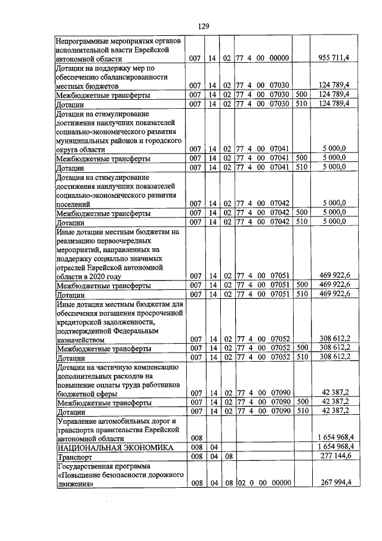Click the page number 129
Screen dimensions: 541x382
203,26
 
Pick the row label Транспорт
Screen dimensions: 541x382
73,456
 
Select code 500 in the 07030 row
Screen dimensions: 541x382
301,95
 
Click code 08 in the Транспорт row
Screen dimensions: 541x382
227,456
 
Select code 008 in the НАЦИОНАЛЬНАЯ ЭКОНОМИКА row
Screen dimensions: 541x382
195,447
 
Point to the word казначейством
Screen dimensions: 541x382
83,338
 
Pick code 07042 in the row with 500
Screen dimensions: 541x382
279,212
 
